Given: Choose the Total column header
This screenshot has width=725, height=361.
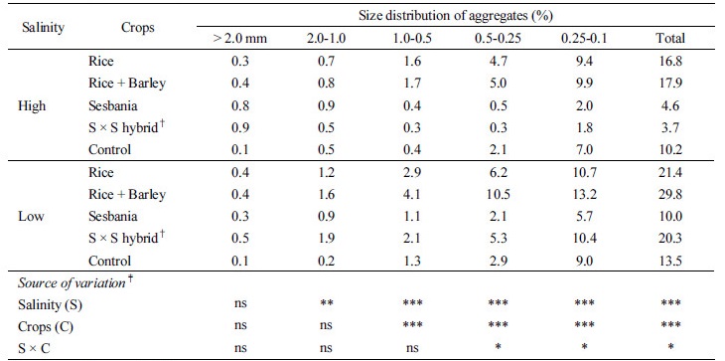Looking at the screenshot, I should tap(677, 38).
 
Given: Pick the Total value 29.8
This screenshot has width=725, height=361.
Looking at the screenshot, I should tap(677, 194).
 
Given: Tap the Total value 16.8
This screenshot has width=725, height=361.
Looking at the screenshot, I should tap(677, 63).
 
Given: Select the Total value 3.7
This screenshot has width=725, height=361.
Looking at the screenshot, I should tap(677, 128).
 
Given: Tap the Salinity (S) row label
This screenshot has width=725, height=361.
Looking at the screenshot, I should tap(49, 303).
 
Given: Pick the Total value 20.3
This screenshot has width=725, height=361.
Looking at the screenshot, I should tap(677, 238).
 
